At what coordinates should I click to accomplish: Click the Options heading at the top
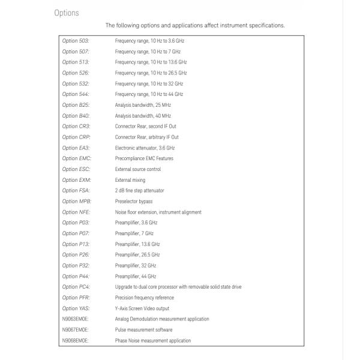coord(66,13)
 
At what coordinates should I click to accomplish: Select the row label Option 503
coord(76,40)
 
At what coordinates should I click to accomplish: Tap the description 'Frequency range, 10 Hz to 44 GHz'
coord(149,94)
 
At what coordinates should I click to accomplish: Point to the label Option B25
coord(76,105)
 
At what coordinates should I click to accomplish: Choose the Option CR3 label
coord(76,127)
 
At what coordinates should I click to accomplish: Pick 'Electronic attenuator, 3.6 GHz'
coord(145,148)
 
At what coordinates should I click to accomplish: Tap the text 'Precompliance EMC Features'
coord(144,158)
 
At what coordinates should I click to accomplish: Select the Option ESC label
coord(76,169)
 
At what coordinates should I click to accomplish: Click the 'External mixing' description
coord(130,180)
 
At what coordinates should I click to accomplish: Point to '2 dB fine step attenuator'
coord(139,191)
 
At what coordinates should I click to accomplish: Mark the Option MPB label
coord(77,202)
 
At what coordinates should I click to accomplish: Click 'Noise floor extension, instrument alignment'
coord(158,212)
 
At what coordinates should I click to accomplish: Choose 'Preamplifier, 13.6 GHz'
coord(137,244)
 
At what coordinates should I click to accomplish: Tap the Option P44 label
coord(76,277)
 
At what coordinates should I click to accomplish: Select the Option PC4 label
coord(76,287)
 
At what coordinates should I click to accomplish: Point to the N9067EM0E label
coord(75,330)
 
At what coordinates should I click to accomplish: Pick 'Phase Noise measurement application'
coord(153,341)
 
